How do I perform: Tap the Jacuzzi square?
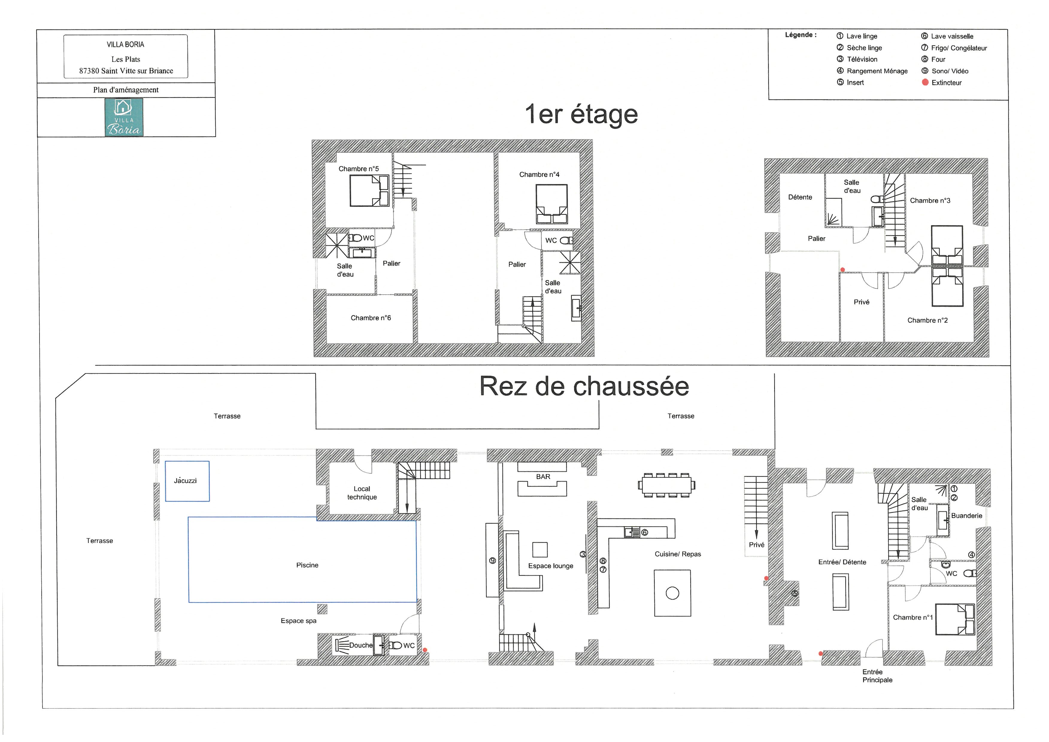187,481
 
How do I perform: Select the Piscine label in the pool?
307,565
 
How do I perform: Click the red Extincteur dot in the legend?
925,82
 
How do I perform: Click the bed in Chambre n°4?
552,204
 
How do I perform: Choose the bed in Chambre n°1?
955,620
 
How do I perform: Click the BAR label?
543,477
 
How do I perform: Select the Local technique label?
362,493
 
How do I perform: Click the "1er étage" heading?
581,114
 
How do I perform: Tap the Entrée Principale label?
877,676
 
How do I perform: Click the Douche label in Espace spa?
361,645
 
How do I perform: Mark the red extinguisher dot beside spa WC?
425,650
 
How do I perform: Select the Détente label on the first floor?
800,197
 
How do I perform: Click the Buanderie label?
967,516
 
